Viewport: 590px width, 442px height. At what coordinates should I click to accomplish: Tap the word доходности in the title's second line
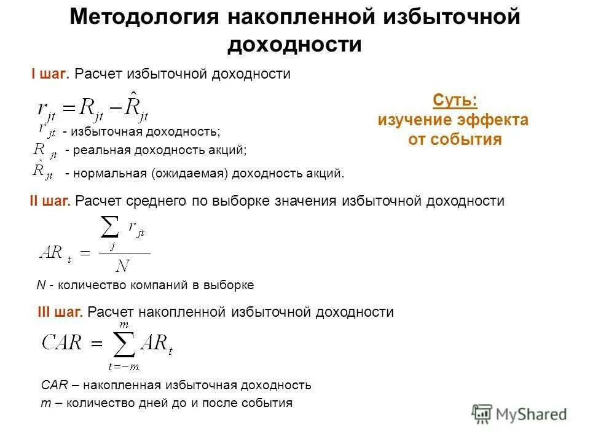294,45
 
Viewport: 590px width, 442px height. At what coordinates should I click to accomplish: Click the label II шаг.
50,201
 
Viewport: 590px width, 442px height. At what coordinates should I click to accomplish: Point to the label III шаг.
60,312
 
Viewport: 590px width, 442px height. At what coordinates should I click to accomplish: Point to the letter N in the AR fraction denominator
123,266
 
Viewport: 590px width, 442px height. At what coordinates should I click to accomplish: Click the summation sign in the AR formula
110,232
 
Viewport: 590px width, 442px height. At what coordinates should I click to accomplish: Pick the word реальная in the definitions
99,150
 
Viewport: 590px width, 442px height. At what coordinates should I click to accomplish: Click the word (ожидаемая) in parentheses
191,173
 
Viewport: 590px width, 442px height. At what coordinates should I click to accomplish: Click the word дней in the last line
150,403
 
